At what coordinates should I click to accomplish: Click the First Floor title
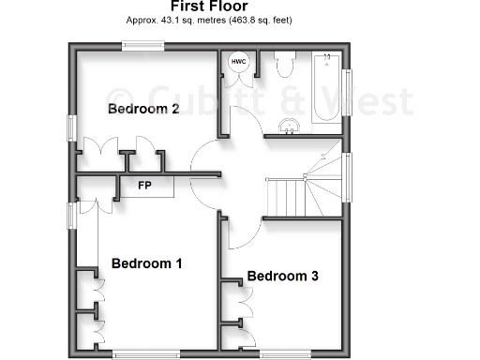[x=210, y=7]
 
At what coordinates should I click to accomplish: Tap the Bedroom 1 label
[x=146, y=263]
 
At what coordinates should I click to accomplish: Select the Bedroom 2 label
[x=143, y=109]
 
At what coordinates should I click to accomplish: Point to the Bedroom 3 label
[x=283, y=277]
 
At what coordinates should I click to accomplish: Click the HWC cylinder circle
[x=238, y=63]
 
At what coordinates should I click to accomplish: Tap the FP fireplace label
[x=145, y=186]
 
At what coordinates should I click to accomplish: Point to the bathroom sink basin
[x=289, y=126]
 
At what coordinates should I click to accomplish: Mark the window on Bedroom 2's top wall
[x=143, y=44]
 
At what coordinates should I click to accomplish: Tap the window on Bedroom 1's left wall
[x=71, y=215]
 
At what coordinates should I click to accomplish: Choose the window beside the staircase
[x=347, y=177]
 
